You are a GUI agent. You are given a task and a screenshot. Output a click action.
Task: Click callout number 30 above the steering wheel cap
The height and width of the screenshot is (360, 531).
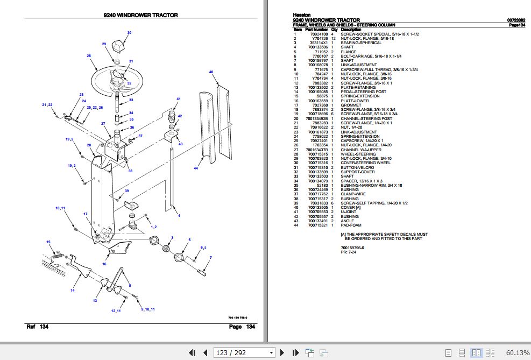click(x=129, y=33)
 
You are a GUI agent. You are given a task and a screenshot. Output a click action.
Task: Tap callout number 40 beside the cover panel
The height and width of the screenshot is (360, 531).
click(x=211, y=72)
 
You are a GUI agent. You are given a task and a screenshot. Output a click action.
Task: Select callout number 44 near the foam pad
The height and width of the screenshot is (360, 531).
click(x=196, y=169)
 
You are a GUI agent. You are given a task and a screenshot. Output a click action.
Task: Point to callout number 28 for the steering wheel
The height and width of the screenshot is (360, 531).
click(x=88, y=56)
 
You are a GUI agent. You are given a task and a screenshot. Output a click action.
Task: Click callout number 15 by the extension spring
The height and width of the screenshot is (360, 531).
click(x=48, y=242)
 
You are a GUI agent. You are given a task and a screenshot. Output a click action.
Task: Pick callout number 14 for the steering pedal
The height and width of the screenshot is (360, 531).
click(x=72, y=291)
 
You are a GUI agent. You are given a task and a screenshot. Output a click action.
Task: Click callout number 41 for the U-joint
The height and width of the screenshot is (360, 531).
click(x=179, y=99)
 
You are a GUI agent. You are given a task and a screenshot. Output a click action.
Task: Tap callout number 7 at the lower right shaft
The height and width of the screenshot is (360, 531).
click(x=211, y=258)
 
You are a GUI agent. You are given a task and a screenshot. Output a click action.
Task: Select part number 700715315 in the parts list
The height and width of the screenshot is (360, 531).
click(x=318, y=154)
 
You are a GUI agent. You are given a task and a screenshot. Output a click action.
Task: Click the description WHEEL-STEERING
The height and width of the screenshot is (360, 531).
click(x=358, y=154)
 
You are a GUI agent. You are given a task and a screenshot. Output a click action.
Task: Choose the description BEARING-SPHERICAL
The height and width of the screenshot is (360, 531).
click(x=361, y=43)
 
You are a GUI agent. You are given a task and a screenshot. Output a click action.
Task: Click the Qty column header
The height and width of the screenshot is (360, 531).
click(x=334, y=29)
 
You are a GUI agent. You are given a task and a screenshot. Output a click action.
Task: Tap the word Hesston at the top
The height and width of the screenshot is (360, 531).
click(x=301, y=15)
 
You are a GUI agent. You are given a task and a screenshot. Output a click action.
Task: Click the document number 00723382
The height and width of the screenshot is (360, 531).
click(x=516, y=20)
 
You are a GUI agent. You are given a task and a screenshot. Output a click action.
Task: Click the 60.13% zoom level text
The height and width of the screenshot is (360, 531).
click(x=518, y=353)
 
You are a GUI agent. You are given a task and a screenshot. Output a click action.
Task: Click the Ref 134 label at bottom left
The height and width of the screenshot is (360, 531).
click(x=37, y=327)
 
